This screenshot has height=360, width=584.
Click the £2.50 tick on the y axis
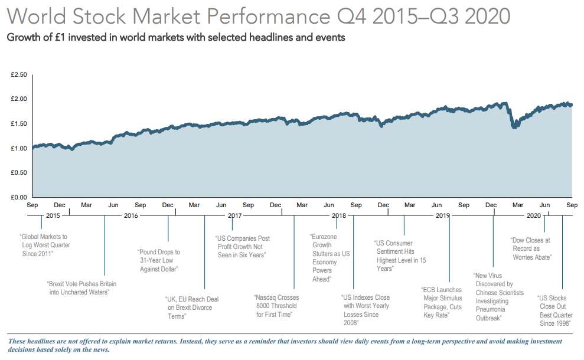[19, 75]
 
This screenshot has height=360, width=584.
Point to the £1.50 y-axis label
[19, 123]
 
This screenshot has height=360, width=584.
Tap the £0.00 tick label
[19, 197]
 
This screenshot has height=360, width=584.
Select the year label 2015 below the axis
[53, 215]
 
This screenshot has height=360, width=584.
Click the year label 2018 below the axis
[338, 215]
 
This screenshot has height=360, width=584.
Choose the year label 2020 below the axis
[533, 215]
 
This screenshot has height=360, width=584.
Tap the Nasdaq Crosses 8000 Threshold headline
[277, 306]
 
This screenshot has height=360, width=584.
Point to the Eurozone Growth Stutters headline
[329, 257]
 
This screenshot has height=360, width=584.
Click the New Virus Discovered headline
[498, 296]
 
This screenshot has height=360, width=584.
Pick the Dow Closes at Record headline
[530, 248]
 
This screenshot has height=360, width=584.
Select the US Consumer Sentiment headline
[400, 256]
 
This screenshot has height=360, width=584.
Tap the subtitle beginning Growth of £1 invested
[175, 37]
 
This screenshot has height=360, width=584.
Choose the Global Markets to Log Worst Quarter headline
[45, 245]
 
